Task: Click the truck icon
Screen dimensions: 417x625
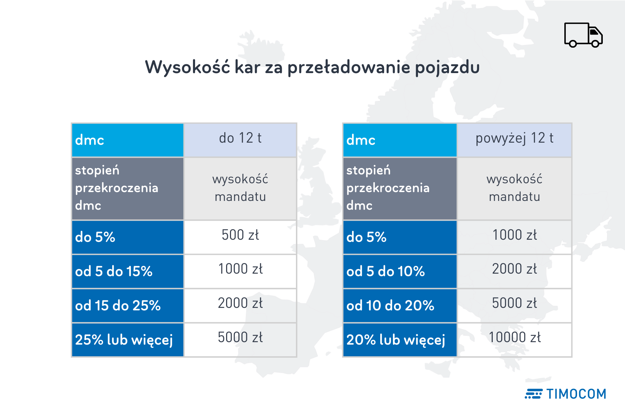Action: pos(583,35)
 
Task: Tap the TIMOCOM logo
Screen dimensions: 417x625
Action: pos(565,394)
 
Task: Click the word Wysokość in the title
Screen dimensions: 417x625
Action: pos(187,67)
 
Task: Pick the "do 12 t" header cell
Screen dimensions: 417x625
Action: pos(240,139)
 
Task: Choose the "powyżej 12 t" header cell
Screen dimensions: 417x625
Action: pos(514,139)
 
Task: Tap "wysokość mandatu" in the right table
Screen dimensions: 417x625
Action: pos(514,188)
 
